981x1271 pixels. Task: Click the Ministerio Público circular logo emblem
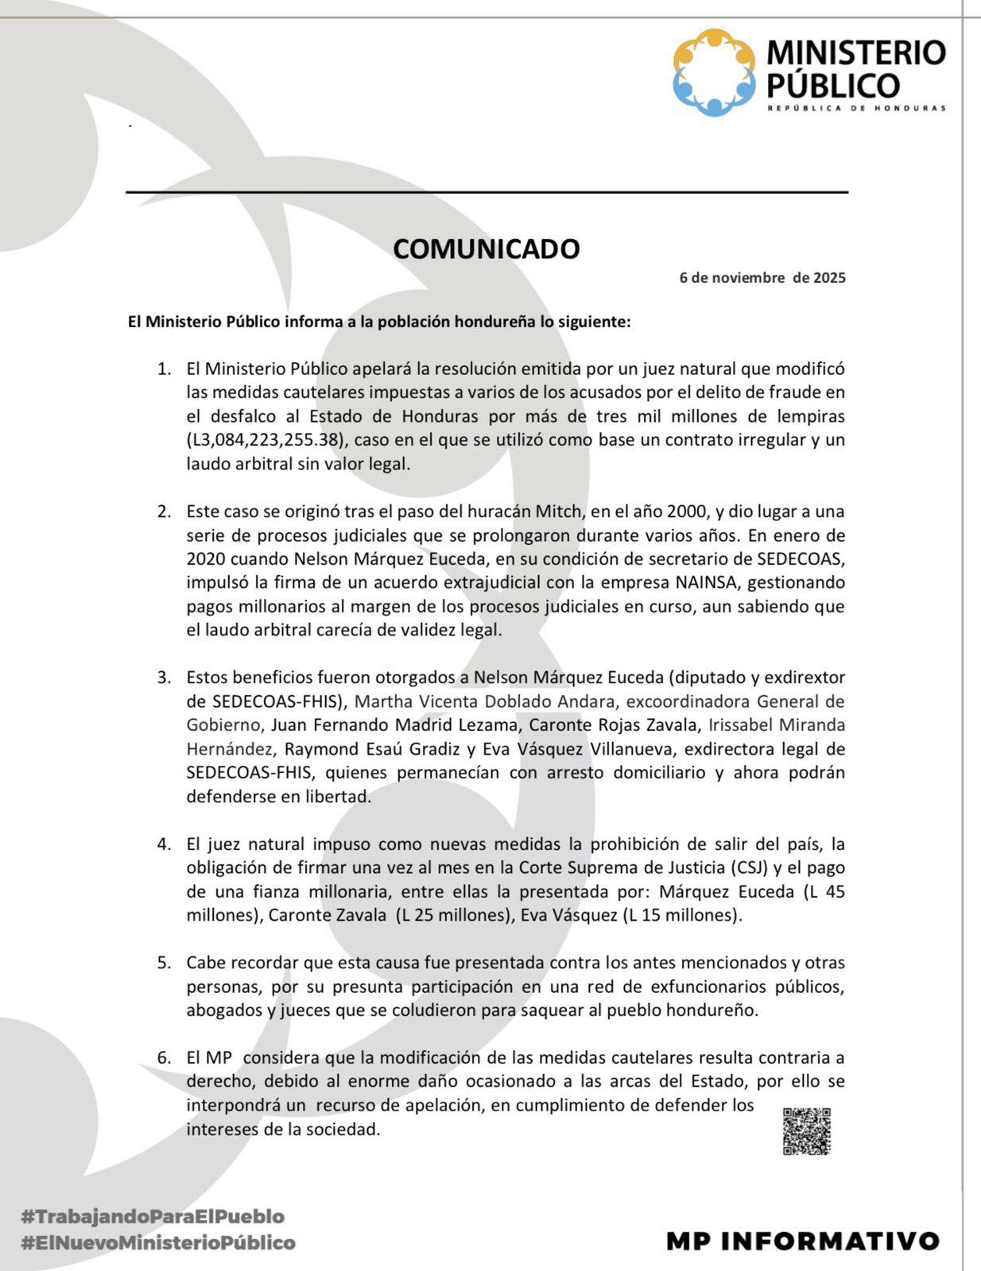[x=714, y=72]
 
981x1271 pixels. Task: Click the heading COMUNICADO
[x=486, y=249]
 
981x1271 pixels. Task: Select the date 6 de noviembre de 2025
[x=762, y=278]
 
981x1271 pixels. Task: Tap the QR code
[x=806, y=1131]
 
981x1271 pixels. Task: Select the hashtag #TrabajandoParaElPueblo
[x=153, y=1216]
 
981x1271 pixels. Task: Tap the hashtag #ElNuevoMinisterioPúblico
[x=158, y=1243]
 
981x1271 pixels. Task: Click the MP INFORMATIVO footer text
[x=803, y=1241]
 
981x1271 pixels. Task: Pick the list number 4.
[x=164, y=844]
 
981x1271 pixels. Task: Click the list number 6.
[x=164, y=1058]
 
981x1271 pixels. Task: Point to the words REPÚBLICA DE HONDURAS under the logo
[x=856, y=108]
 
